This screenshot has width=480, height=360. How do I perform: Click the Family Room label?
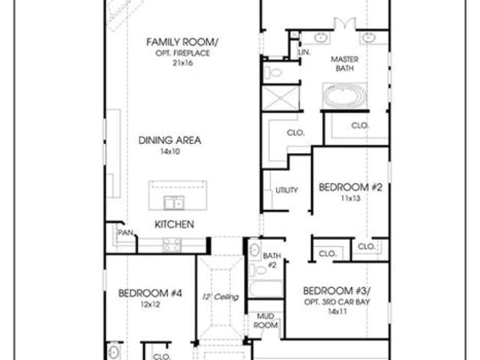[x=181, y=42]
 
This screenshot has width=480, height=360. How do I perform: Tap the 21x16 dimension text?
[x=183, y=63]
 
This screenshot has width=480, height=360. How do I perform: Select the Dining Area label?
[x=170, y=140]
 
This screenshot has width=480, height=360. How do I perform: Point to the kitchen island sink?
[x=174, y=202]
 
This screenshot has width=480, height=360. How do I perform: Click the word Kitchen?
[x=174, y=224]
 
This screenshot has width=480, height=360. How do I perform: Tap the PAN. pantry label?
[x=126, y=232]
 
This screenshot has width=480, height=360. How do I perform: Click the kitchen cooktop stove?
[x=172, y=245]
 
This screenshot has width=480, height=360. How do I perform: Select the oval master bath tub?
[x=344, y=95]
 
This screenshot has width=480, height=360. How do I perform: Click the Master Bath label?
[x=345, y=64]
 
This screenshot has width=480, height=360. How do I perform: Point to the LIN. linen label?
[x=304, y=52]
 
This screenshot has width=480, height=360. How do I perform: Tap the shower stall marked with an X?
[x=280, y=98]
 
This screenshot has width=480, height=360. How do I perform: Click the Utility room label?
[x=286, y=190]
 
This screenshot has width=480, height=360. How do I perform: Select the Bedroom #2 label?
[x=350, y=187]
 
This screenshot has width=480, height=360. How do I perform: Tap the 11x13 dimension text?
[x=350, y=198]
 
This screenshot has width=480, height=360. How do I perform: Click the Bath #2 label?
[x=271, y=260]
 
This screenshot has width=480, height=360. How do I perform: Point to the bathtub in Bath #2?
[x=265, y=289]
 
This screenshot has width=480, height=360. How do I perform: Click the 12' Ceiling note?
[x=220, y=297]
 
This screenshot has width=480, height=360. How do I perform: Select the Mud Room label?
[x=265, y=320]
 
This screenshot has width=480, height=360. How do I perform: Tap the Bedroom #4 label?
[x=150, y=293]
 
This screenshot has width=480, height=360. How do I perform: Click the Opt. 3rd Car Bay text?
[x=337, y=301]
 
